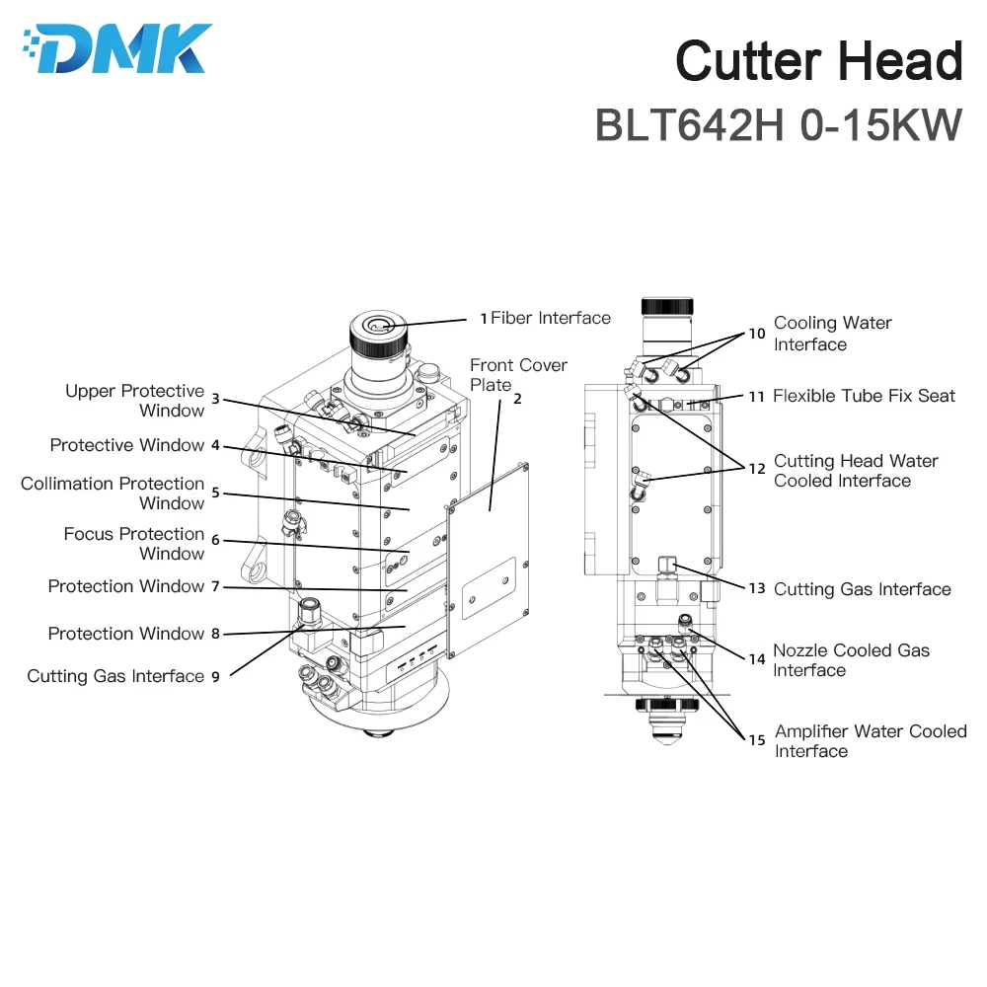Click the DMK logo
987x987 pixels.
pos(116,48)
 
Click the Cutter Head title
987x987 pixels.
pos(818,61)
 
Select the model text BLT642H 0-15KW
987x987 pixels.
pos(778,125)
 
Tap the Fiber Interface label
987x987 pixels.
pos(551,318)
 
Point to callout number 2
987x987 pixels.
pos(517,400)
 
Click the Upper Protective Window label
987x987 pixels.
pos(134,401)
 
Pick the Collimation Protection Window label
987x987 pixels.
pos(113,493)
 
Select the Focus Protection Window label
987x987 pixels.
pos(134,544)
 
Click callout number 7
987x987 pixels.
pos(214,586)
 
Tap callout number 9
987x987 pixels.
pos(214,676)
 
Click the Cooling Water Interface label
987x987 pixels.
pos(832,334)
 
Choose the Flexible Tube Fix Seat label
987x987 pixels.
pos(864,396)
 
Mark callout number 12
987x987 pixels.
pos(756,469)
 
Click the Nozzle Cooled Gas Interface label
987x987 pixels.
pos(851,660)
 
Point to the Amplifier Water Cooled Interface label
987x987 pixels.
pos(871,741)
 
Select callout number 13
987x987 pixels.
pos(756,589)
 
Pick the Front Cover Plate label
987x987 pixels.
pos(518,375)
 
